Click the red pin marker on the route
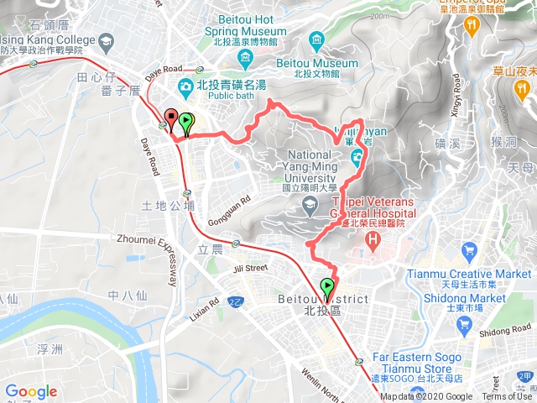pyautogui.click(x=171, y=119)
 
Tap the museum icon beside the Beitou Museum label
pyautogui.click(x=316, y=40)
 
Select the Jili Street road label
pyautogui.click(x=250, y=268)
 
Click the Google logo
pyautogui.click(x=31, y=391)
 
